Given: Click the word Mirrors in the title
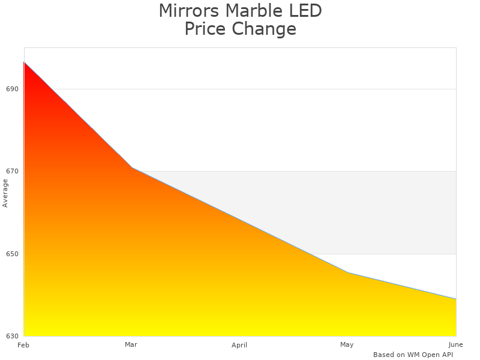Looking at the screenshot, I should point(187,11).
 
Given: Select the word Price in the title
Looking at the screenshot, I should point(205,29).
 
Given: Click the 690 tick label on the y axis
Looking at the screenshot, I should point(13,89).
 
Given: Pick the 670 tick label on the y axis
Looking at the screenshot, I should point(13,171).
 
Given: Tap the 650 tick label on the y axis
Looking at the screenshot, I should point(13,254).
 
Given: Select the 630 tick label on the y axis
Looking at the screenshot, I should point(13,336).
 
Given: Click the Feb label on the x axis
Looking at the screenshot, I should point(23,345).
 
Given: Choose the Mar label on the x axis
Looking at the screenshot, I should point(131,344).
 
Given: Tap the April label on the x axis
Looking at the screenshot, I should point(239,345).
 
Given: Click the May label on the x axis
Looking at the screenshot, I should point(347,344).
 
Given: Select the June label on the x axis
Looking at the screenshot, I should point(455,344).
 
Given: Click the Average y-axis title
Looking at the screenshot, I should point(5,193).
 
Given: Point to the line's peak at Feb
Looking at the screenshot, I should point(24,62).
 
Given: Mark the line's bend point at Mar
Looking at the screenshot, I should point(132,167).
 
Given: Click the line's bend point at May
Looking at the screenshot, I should point(348,273).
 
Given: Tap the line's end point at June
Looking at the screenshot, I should point(456,299).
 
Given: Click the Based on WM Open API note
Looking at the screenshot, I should point(413,355).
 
